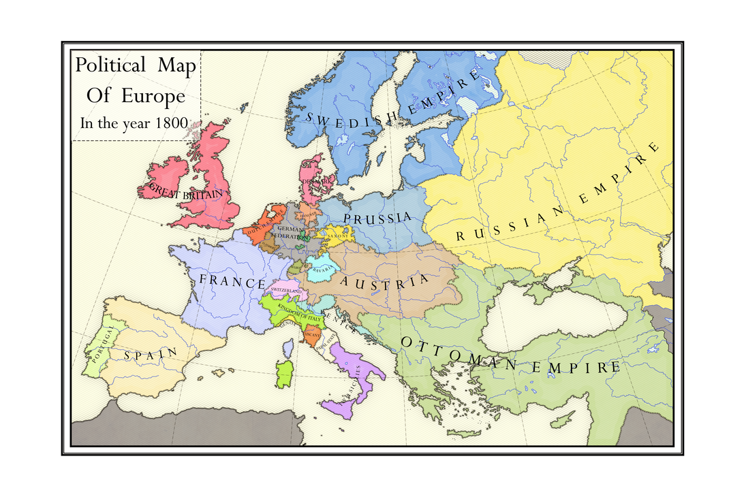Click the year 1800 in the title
coord(170,124)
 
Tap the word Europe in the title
coord(153,96)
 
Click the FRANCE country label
coord(232,282)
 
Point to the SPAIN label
coord(151,353)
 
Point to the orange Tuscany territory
coord(313,336)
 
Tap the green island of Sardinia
coord(284,374)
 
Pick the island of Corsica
coord(288,349)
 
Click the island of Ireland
coord(164,181)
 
